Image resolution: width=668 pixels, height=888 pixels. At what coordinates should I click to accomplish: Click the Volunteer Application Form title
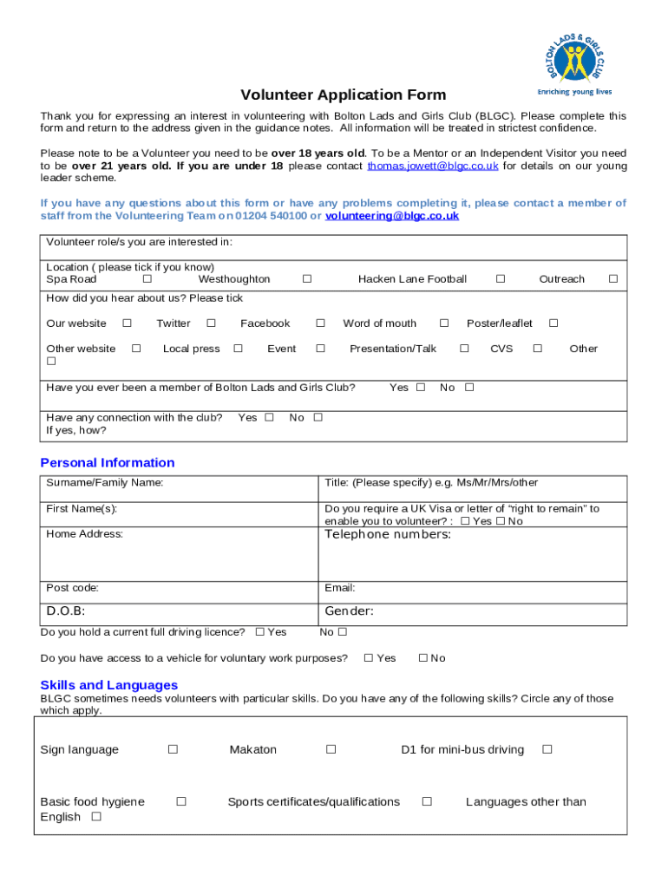(x=344, y=95)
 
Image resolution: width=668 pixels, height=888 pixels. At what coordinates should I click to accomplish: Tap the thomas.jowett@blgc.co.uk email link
(x=433, y=166)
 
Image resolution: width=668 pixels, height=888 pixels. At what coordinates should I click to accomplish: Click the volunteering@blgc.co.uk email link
(x=392, y=216)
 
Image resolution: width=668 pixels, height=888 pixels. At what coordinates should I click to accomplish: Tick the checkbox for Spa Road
(x=147, y=279)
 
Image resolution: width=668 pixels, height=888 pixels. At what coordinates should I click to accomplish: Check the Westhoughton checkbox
(x=306, y=279)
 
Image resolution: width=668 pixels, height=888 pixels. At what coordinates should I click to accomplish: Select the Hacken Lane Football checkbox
(x=501, y=279)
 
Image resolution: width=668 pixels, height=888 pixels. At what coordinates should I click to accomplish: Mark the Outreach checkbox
(x=612, y=279)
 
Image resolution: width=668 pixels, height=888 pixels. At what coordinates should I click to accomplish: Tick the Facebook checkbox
(x=320, y=323)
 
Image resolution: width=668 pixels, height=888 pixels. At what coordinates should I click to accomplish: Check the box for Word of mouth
(x=444, y=323)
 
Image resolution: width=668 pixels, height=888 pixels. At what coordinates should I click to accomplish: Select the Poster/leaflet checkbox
(x=553, y=323)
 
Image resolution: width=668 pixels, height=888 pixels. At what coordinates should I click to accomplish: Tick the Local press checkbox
(x=238, y=349)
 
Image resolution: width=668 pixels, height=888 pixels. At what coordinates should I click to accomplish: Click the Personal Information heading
(x=108, y=463)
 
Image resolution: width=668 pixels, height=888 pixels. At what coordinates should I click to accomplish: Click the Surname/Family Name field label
(x=105, y=483)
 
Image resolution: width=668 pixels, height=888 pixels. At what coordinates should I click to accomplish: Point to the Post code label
(x=73, y=588)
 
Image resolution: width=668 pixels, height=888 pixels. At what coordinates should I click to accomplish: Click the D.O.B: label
(x=66, y=611)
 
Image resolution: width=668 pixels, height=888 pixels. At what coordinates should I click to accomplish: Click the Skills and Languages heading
(x=109, y=685)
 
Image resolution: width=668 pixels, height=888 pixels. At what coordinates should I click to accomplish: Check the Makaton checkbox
(x=331, y=749)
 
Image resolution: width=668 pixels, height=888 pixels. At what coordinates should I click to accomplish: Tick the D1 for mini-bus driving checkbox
(x=547, y=749)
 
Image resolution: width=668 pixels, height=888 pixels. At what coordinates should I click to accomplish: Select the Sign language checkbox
(x=173, y=749)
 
